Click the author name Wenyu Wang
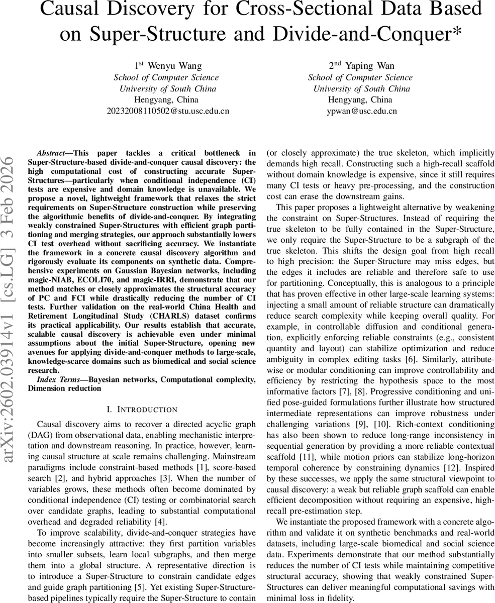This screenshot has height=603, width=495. pos(168,66)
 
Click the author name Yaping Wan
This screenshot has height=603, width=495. pos(361,66)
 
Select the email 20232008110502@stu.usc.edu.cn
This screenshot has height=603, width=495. pos(168,111)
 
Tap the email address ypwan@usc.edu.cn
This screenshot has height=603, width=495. pos(361,111)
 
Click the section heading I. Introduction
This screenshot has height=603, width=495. pos(142,410)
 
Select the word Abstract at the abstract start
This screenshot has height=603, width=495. pos(53,153)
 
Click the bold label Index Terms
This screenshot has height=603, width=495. pos(57,379)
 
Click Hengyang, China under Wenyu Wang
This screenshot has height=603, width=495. pos(168,99)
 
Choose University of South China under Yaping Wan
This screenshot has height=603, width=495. pos(361,88)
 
